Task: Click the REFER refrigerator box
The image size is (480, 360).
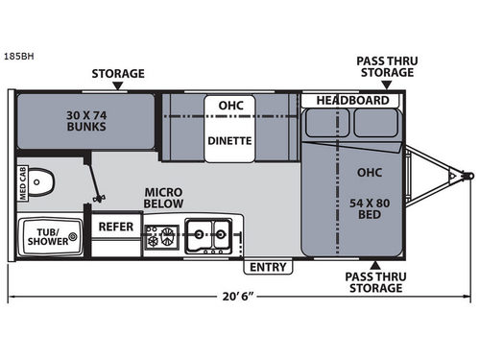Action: [116, 228]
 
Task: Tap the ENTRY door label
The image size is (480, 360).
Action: [267, 266]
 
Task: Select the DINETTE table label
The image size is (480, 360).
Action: [229, 140]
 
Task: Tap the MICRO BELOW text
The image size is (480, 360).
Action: [164, 198]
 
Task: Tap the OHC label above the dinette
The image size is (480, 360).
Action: [229, 106]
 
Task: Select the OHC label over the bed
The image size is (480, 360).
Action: [369, 174]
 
